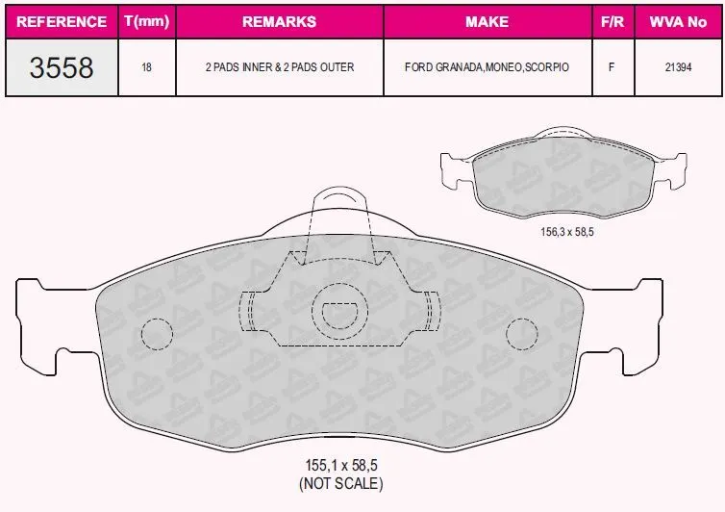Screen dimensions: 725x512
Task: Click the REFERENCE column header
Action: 62,22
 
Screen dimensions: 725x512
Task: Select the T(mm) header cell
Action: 147,21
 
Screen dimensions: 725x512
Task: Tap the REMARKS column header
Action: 279,22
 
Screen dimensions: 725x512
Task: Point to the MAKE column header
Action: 487,22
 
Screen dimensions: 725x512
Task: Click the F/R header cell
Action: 612,22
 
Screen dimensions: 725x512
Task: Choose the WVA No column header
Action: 678,22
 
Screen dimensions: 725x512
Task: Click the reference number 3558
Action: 62,67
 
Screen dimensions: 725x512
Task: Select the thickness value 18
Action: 146,67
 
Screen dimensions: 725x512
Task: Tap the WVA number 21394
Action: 678,67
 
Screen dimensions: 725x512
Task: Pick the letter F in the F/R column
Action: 612,67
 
